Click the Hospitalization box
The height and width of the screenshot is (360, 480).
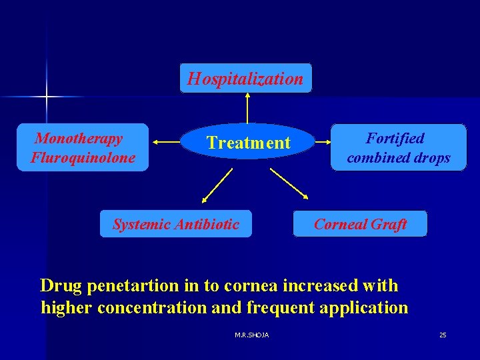245,79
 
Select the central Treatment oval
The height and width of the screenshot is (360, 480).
248,143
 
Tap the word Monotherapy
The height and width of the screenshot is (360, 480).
79,139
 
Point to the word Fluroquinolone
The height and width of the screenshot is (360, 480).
83,158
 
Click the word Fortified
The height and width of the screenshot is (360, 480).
395,139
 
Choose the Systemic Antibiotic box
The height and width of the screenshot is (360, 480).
175,224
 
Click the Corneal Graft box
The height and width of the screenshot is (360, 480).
360,224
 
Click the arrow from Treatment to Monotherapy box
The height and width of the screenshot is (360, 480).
167,141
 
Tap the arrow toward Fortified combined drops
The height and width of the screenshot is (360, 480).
322,142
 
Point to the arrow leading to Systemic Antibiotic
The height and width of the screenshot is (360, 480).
217,185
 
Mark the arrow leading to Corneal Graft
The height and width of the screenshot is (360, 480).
289,184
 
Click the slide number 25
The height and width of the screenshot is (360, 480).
443,335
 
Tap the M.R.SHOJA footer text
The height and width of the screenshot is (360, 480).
252,335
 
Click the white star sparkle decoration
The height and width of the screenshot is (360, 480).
47,97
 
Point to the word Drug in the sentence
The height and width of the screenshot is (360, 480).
61,286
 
